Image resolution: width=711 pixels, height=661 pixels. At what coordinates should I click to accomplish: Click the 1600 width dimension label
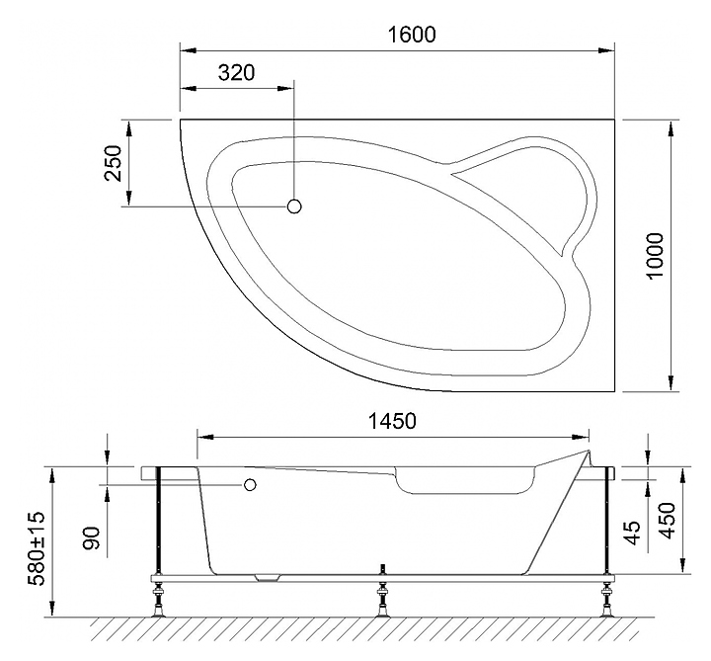coord(412,35)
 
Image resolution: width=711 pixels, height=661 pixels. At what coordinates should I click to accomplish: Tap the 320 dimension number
coord(236,72)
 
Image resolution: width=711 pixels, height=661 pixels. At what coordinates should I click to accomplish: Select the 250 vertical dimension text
coord(114,163)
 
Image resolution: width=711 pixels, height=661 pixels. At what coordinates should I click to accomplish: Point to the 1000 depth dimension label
coord(656,256)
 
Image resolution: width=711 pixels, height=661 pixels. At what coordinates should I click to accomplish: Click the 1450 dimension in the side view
coord(391,421)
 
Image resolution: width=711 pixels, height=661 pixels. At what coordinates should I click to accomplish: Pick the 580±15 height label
coord(37,547)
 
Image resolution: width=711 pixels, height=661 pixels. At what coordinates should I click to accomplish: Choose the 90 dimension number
coord(92,538)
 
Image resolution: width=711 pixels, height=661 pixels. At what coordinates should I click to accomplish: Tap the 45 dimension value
coord(633,533)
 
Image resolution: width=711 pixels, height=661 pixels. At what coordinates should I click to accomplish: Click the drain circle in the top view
coord(294,207)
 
